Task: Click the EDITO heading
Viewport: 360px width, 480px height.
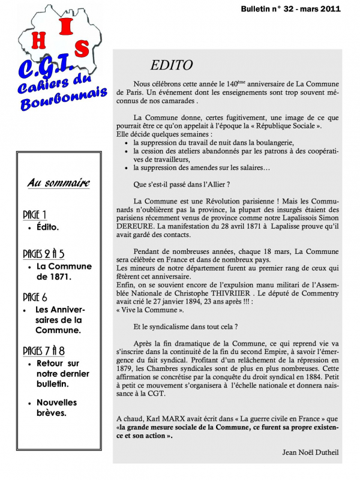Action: tap(172, 65)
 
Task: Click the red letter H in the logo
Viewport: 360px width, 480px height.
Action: tap(40, 40)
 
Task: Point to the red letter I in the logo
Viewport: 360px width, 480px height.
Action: tap(67, 26)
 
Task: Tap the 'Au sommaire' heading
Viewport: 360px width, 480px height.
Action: tap(58, 183)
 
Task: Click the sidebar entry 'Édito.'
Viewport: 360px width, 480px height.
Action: tap(47, 228)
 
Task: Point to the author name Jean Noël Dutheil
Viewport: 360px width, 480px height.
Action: tap(308, 449)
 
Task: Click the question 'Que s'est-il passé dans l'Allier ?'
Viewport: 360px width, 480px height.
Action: tap(182, 184)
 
